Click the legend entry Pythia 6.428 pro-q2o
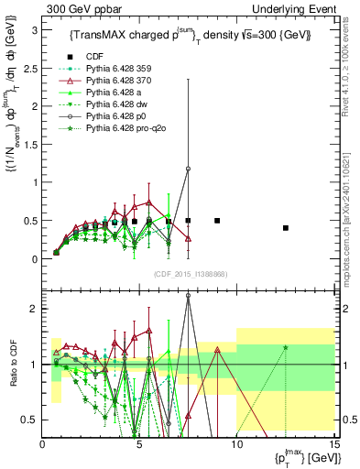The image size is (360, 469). [x=116, y=130]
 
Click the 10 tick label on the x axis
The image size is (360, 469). [x=235, y=445]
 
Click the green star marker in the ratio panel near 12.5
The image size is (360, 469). [x=286, y=347]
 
